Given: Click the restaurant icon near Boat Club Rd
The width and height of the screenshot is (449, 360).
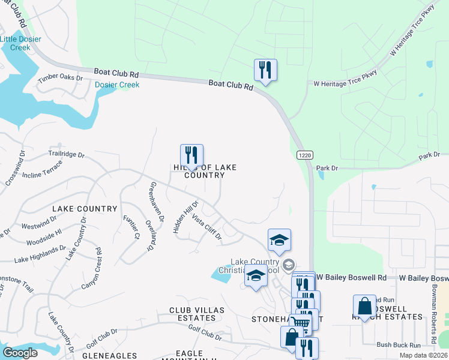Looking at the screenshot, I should [x=265, y=70].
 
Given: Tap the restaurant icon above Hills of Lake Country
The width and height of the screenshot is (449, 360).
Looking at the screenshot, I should [x=191, y=155].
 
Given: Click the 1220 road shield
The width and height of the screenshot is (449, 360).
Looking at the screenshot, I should [x=304, y=155].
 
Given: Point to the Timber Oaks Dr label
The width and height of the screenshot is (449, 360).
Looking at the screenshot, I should [x=60, y=78].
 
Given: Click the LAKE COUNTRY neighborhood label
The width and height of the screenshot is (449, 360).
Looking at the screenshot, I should [x=85, y=209].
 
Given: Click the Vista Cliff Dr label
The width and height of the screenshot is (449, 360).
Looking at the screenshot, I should [x=206, y=228].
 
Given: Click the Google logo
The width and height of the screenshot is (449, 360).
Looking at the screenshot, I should [x=20, y=352].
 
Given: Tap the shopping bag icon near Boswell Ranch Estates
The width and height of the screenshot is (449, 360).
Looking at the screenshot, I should [x=364, y=307].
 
